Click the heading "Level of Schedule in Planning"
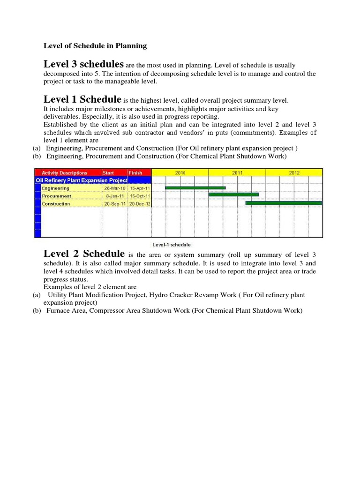[x=95, y=46]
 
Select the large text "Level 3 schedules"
[x=83, y=64]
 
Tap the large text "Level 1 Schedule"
[x=82, y=99]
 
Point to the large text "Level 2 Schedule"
[x=84, y=254]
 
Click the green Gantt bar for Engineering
[x=195, y=188]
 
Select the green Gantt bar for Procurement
[x=233, y=194]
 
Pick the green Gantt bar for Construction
[x=284, y=203]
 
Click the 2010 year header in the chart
[x=180, y=172]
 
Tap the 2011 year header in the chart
[x=237, y=172]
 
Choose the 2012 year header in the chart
[x=294, y=172]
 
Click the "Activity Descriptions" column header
[x=65, y=172]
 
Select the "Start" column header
[x=108, y=172]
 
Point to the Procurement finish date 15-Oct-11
[x=139, y=196]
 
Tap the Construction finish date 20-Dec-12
[x=139, y=204]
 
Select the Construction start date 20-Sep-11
[x=115, y=204]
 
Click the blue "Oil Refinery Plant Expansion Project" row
[x=82, y=180]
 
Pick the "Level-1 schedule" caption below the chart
[x=172, y=245]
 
